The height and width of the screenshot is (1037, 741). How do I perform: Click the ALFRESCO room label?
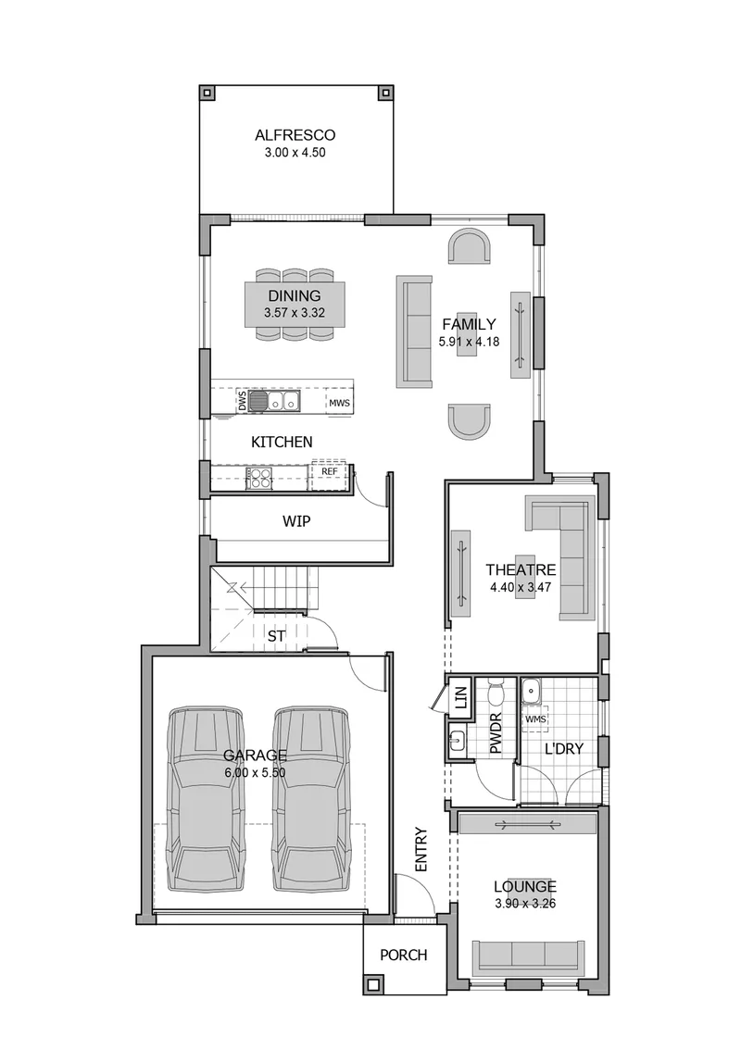point(295,135)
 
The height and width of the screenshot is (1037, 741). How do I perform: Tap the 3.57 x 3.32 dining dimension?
point(295,313)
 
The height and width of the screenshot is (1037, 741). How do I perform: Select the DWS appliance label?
point(242,401)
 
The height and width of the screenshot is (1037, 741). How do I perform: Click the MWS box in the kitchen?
point(339,403)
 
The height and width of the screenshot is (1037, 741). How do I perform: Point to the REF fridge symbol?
point(329,475)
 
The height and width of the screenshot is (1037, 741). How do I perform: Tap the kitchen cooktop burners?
point(258,478)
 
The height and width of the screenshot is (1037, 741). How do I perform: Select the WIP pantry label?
point(296,521)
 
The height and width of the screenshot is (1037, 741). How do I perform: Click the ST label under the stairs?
point(277,636)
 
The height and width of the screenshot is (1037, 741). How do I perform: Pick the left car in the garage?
point(205,800)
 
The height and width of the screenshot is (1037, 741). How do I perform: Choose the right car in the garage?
point(310,800)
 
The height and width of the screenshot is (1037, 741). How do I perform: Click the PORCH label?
point(404,955)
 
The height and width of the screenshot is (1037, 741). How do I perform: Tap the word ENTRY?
point(421,849)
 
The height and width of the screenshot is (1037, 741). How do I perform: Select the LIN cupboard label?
point(461,698)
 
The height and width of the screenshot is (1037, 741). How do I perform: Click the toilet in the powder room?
point(496,693)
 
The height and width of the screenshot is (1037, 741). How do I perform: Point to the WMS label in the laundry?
point(536,718)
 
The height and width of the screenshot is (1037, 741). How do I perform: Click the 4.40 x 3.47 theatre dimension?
point(521,587)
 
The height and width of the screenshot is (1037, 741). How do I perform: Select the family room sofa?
point(414,331)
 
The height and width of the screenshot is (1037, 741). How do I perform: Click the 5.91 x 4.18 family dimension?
point(469,342)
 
